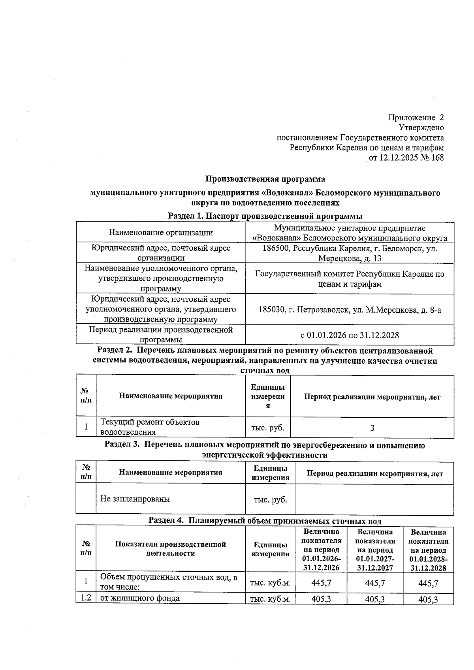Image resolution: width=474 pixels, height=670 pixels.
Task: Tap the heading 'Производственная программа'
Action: (265, 179)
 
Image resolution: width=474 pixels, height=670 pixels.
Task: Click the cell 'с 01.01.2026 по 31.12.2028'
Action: (350, 335)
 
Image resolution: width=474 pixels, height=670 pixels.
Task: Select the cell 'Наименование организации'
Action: (161, 233)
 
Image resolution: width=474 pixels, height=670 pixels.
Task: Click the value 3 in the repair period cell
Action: (372, 428)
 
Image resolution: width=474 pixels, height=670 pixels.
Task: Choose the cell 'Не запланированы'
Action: (135, 499)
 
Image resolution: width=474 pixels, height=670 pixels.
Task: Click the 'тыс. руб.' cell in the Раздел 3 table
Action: (270, 499)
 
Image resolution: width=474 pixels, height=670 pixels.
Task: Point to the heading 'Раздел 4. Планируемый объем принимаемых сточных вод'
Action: (265, 520)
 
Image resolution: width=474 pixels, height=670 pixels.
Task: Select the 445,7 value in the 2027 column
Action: (375, 583)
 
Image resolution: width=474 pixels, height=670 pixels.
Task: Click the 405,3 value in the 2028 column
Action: (428, 600)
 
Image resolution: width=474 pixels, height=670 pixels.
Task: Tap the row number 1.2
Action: (86, 598)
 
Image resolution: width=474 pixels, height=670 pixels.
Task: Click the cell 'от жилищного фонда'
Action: (140, 599)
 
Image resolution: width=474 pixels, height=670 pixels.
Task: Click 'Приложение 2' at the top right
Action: (416, 117)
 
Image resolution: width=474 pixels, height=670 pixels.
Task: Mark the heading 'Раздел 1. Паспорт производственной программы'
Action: (265, 216)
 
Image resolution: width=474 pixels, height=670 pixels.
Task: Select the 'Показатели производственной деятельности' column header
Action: (170, 549)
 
